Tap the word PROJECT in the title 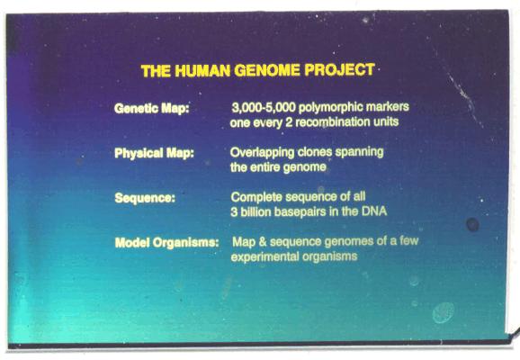point(339,69)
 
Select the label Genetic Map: point(151,109)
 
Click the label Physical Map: point(154,153)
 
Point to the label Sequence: point(145,198)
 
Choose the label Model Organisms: point(166,242)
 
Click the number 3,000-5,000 point(264,107)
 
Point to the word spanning point(359,152)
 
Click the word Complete point(256,197)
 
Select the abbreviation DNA point(374,211)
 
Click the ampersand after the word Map point(263,241)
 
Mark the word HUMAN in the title point(202,71)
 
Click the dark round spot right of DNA point(472,225)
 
